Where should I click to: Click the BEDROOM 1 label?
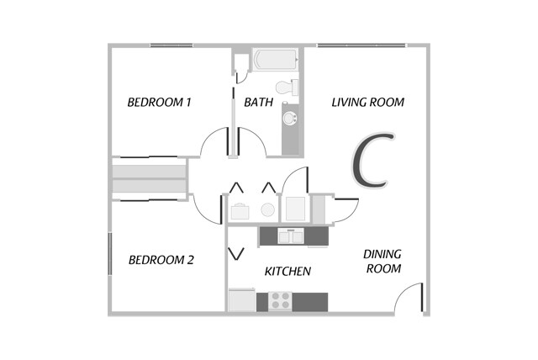tap(160, 103)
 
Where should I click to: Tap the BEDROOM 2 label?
tap(161, 260)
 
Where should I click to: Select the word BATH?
tap(256, 103)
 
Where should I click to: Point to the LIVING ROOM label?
tap(367, 103)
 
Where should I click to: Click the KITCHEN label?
tap(288, 272)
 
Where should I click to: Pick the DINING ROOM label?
tap(382, 261)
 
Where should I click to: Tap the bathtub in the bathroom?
tap(275, 61)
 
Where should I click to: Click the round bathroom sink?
tap(291, 118)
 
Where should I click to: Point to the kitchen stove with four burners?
tap(279, 299)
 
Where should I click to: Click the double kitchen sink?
tap(291, 236)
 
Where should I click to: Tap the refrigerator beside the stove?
tap(241, 299)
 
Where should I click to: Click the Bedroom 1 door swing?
tap(214, 141)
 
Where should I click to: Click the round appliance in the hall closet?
tap(267, 209)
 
